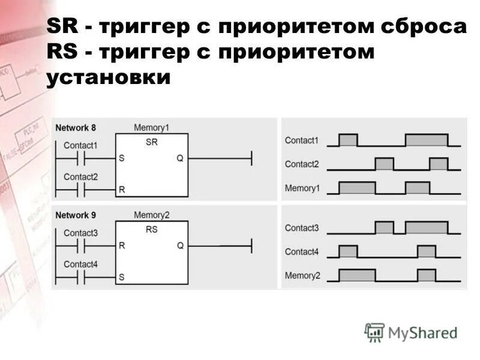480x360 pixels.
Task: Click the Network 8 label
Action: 76,128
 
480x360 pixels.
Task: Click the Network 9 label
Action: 76,215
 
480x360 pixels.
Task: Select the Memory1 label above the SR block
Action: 151,128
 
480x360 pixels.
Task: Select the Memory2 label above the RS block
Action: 151,215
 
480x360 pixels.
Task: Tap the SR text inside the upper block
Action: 151,142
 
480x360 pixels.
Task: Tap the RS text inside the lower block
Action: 151,229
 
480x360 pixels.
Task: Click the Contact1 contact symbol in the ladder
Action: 80,158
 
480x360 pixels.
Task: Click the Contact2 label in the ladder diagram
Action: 80,177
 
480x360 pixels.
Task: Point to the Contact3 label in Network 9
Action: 80,233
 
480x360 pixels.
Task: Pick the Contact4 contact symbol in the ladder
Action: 80,278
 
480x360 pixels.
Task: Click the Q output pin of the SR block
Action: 180,158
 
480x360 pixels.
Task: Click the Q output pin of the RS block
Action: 180,245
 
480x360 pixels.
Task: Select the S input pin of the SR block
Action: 122,158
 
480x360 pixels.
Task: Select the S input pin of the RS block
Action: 122,278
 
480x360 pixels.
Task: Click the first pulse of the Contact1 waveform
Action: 348,140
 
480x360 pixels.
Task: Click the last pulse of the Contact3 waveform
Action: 426,227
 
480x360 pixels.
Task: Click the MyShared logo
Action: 411,332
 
